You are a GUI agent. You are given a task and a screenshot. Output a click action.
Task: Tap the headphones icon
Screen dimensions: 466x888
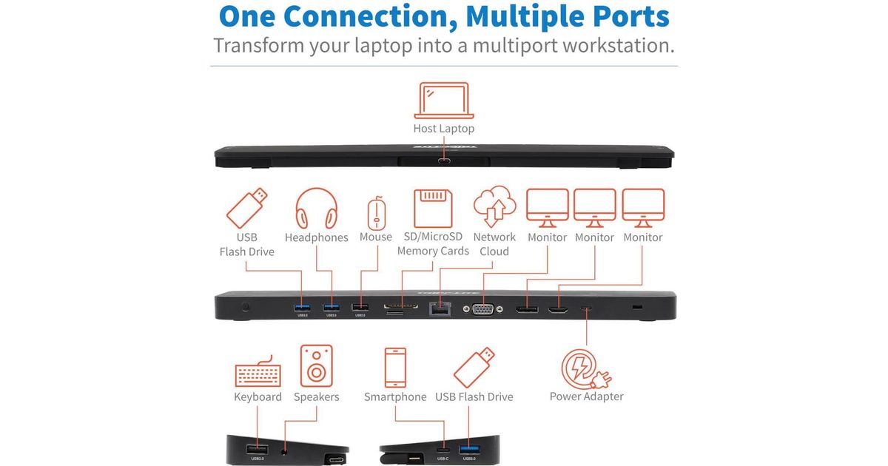tap(316, 209)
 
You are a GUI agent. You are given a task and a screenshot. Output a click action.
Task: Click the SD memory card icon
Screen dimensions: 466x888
tap(433, 209)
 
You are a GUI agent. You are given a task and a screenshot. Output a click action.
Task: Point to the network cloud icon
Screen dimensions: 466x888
tap(494, 208)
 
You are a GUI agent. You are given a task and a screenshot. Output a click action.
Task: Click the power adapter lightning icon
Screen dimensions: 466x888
tap(585, 367)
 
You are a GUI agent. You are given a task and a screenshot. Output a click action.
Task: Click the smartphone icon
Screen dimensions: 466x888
tap(395, 367)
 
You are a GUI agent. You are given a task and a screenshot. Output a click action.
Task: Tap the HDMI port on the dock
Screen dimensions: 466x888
tap(558, 310)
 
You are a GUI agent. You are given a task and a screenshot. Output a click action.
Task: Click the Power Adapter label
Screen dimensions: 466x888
tap(586, 396)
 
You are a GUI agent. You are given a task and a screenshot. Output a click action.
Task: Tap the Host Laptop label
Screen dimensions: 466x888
tap(444, 129)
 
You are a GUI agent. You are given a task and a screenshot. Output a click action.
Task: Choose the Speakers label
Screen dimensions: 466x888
tap(316, 397)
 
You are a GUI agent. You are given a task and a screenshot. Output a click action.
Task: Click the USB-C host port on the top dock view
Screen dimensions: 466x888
tap(444, 161)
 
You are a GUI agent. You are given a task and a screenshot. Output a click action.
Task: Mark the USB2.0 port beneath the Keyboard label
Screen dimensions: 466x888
tap(257, 449)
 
